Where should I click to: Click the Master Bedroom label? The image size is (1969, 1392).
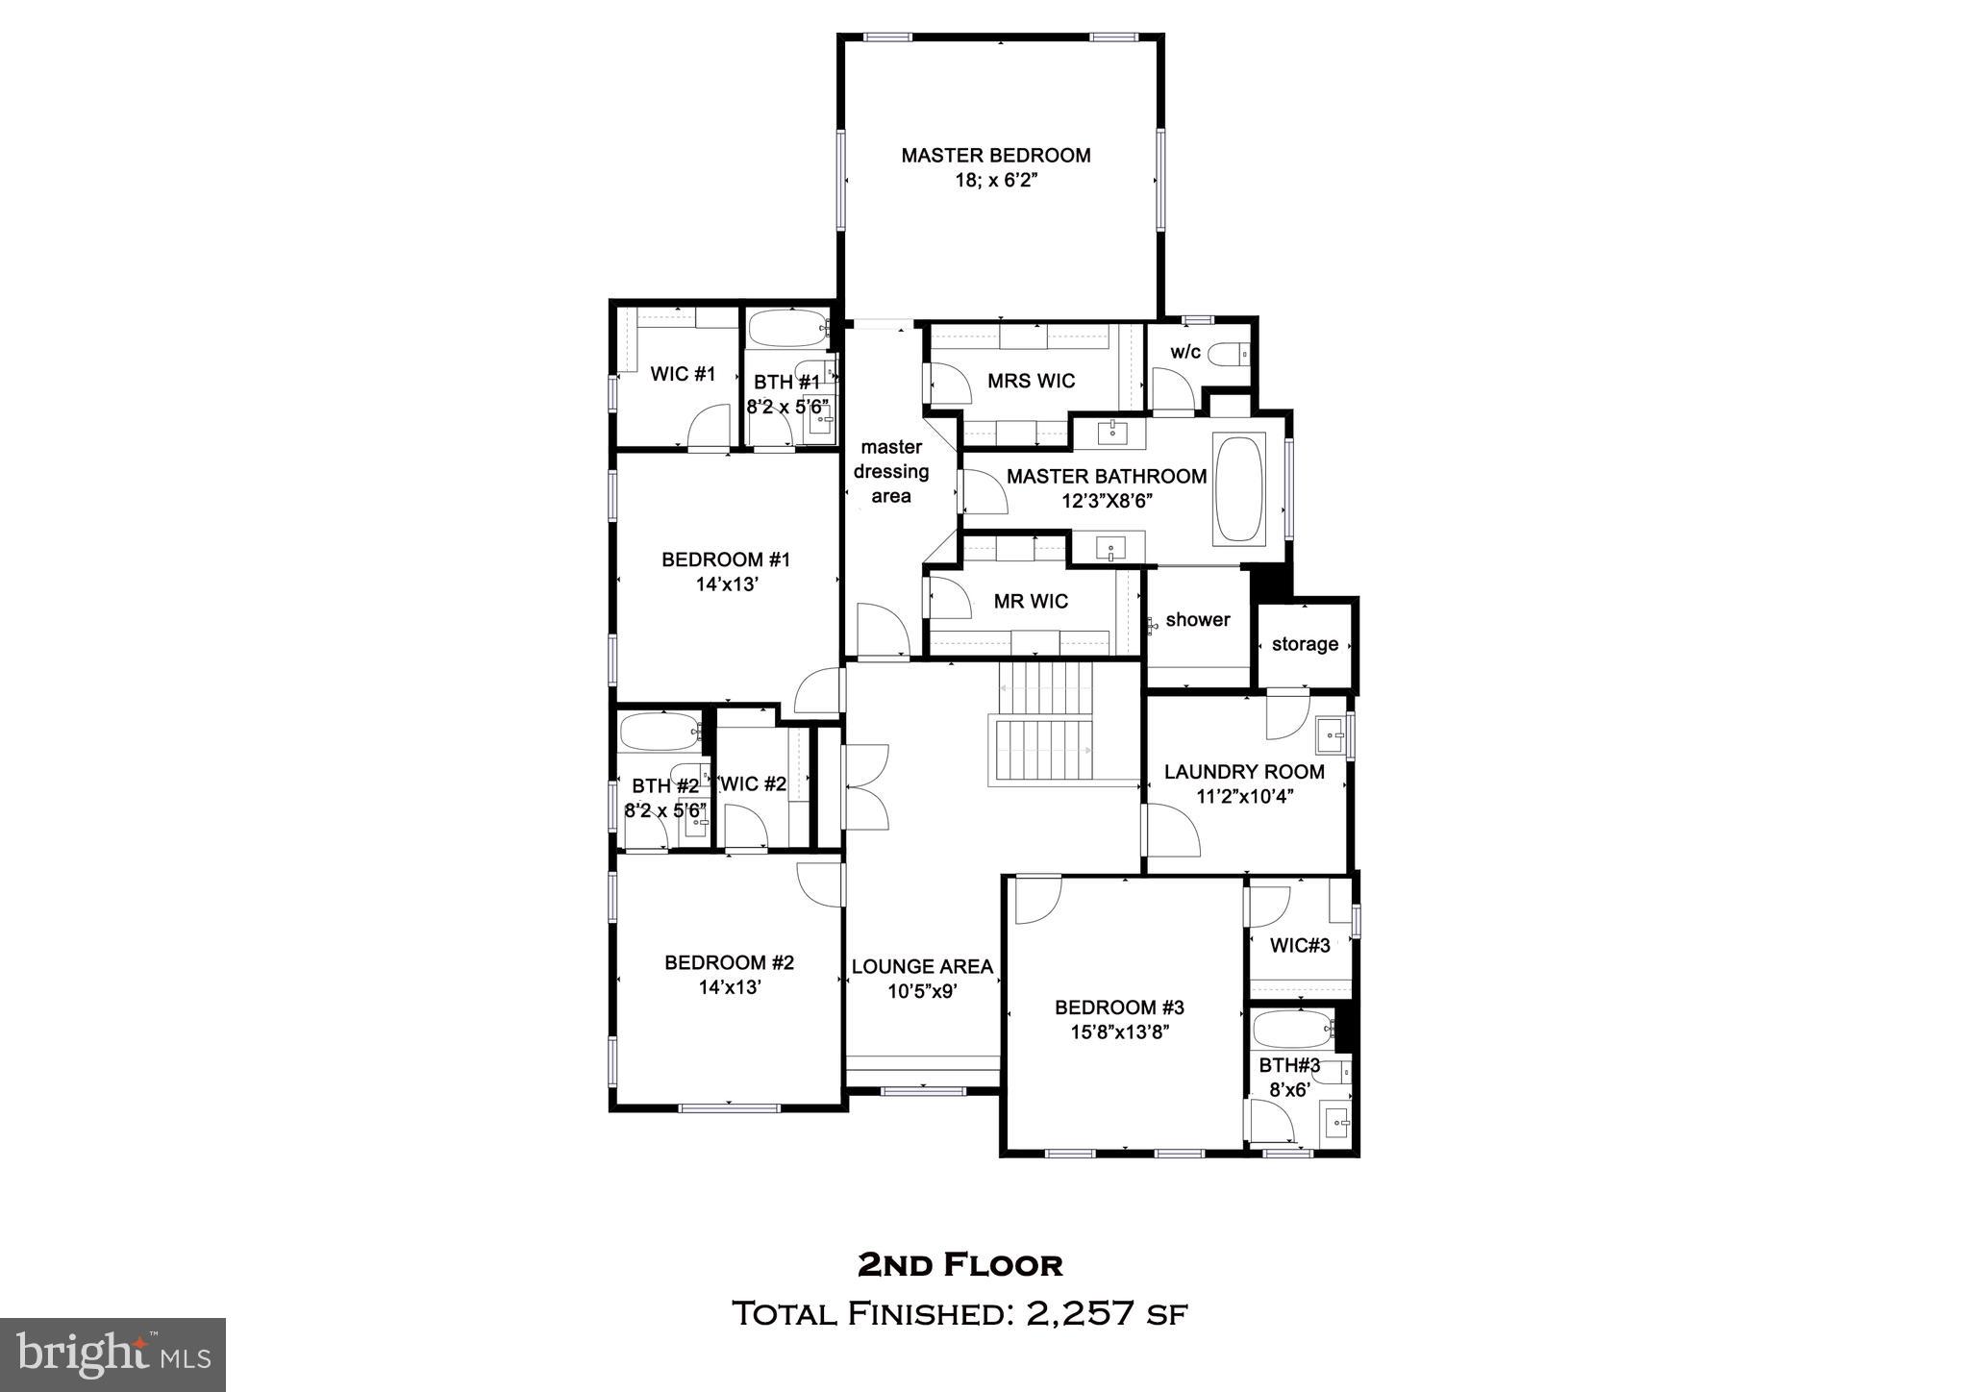[x=995, y=156]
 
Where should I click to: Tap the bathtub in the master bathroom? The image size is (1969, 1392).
[x=1238, y=490]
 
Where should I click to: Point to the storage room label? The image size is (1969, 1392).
[x=1305, y=644]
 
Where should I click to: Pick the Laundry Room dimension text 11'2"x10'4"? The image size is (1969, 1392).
[x=1244, y=796]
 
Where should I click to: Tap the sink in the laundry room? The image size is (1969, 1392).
[x=1330, y=736]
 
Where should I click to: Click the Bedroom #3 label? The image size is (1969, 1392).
[x=1119, y=1007]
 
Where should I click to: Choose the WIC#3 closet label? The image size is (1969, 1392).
[x=1300, y=946]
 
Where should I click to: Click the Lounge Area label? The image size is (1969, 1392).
[x=922, y=967]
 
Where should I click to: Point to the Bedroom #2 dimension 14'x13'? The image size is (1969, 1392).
[x=729, y=987]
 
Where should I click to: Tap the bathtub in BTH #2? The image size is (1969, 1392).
[x=660, y=733]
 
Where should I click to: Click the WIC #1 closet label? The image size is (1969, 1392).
[x=683, y=374]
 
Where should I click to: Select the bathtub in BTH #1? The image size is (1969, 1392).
[x=786, y=330]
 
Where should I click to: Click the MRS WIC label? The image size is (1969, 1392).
[x=1031, y=382]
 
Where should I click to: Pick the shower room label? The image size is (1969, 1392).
[x=1197, y=620]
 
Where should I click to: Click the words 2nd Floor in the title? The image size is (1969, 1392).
[x=960, y=1265]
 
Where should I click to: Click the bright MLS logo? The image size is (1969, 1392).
[x=113, y=1355]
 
